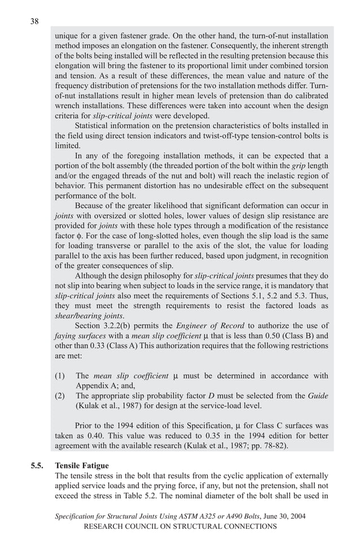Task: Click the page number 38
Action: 34,21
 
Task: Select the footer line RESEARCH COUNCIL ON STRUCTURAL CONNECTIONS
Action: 180,526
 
